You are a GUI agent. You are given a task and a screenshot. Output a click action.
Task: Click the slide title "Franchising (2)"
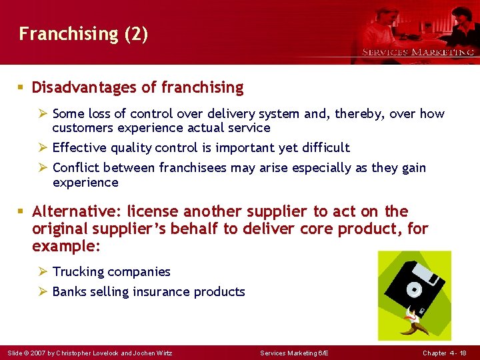83,34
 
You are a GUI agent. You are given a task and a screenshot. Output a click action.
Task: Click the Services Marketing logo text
417,52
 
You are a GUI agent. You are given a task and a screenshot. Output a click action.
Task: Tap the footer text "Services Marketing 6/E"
293,352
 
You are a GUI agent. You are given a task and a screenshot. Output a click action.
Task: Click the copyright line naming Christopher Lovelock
89,352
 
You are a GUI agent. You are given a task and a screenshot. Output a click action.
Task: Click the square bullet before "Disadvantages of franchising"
22,87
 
